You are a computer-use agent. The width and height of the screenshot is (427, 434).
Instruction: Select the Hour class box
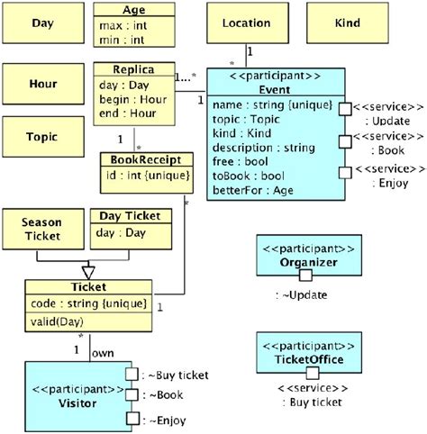coord(42,84)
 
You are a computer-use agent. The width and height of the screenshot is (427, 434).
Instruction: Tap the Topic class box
coord(42,137)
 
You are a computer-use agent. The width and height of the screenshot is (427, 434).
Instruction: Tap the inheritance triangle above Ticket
coord(88,268)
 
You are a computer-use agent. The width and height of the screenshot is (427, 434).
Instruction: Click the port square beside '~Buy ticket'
coord(132,374)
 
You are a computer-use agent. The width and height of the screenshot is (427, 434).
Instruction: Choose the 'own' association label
coord(103,352)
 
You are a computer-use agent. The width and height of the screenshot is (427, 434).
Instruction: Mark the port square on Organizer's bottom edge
coord(305,274)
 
